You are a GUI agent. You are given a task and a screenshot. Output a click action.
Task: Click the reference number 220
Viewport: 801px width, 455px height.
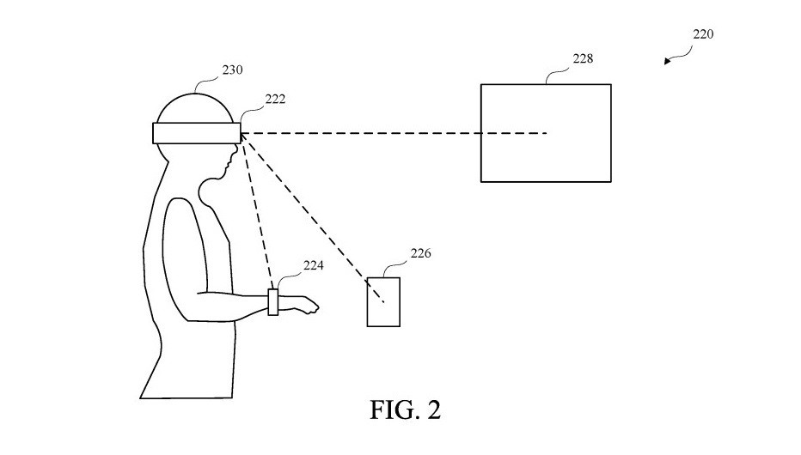[x=703, y=34]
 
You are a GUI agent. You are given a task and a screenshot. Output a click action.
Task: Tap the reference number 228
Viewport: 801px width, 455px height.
[x=583, y=58]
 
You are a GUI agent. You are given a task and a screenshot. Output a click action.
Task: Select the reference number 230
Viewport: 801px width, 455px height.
[x=232, y=70]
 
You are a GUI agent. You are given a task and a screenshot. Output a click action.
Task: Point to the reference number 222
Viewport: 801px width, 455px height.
[x=275, y=99]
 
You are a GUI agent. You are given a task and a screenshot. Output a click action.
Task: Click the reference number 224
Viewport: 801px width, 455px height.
[x=313, y=265]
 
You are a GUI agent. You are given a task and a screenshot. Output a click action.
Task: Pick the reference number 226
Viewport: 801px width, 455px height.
[x=420, y=253]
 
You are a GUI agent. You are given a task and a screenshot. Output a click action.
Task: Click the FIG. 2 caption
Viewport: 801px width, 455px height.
[x=405, y=409]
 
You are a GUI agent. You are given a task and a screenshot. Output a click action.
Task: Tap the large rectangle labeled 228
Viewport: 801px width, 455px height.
[x=546, y=84]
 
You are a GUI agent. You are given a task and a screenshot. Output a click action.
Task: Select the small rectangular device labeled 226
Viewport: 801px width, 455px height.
[x=383, y=278]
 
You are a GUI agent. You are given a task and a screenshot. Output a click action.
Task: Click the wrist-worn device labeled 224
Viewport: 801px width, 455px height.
[x=273, y=302]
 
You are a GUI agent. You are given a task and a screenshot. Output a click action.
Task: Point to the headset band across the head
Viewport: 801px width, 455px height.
[x=197, y=133]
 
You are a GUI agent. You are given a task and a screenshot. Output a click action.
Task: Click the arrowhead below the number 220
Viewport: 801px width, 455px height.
[x=667, y=62]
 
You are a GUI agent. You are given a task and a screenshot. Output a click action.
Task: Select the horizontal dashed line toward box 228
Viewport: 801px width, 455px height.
[x=394, y=134]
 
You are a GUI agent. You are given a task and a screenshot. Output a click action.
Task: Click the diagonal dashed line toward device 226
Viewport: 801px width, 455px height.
[x=313, y=218]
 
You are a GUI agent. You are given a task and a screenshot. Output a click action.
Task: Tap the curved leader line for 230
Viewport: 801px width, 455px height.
[x=206, y=82]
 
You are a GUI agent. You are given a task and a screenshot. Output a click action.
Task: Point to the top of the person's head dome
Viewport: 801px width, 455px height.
[x=194, y=94]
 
